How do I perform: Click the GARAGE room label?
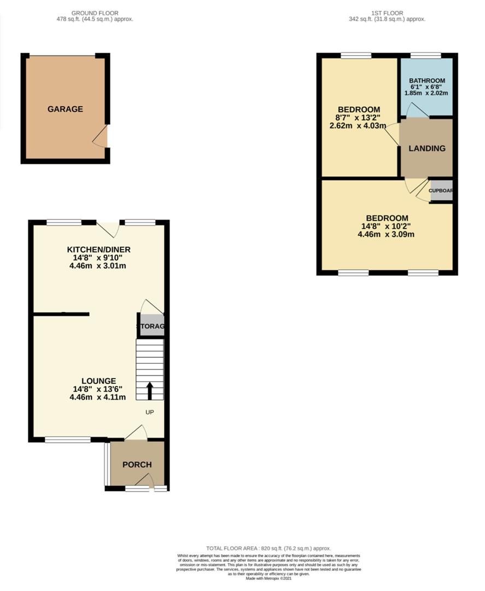65,109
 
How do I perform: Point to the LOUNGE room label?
98,381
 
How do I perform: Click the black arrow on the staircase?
150,391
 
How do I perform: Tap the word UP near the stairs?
149,412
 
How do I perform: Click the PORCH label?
137,465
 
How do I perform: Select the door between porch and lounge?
137,433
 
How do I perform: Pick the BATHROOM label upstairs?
427,80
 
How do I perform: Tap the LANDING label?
426,148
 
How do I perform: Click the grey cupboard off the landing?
441,191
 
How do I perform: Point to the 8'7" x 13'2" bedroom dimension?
358,117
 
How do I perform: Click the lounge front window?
68,439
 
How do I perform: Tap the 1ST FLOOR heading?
387,13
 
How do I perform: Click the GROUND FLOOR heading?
95,13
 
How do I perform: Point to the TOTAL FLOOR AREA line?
268,548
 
